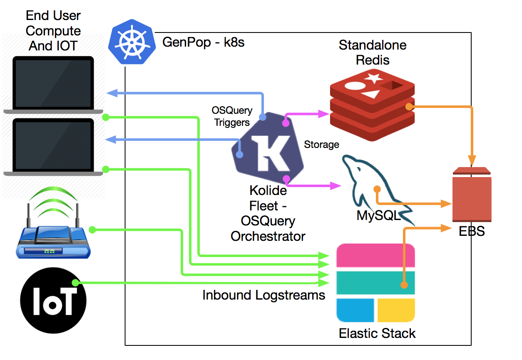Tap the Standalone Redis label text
point(373,52)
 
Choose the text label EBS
point(472,231)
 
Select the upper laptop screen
point(53,84)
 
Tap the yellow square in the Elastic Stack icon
point(396,310)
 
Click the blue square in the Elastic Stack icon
point(355,310)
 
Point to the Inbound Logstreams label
point(263,295)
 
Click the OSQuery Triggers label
point(232,116)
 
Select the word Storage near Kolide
point(321,145)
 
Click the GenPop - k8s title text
point(203,43)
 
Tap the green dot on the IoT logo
point(75,283)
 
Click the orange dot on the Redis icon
point(409,107)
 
